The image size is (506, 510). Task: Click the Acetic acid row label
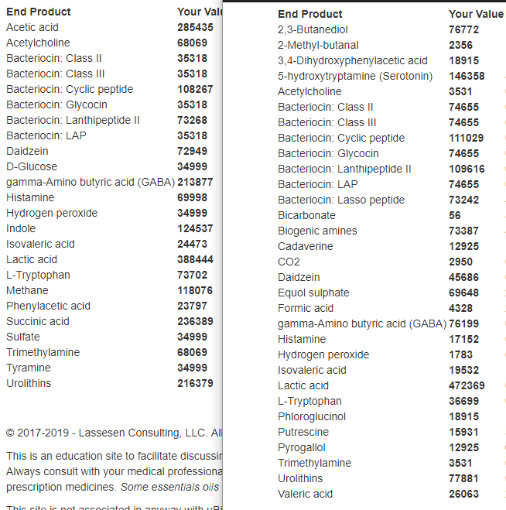32,27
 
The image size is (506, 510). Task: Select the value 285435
195,27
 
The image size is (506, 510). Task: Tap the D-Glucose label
32,166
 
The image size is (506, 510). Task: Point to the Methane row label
27,290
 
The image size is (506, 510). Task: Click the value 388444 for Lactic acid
195,259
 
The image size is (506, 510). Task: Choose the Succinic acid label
38,321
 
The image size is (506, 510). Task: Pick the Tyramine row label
29,368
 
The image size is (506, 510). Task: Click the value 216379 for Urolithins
195,383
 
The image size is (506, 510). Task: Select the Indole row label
21,228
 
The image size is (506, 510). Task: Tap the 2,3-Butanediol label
313,29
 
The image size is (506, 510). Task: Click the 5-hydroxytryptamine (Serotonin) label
355,76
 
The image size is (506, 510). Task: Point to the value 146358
467,76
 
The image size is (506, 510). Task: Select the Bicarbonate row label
306,215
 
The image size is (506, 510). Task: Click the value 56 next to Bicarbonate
455,215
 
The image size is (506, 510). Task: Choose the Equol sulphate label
313,293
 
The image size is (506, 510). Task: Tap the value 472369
467,385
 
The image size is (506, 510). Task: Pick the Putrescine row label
303,432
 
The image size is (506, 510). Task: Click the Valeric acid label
305,494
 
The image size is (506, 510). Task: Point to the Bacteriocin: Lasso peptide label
341,200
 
